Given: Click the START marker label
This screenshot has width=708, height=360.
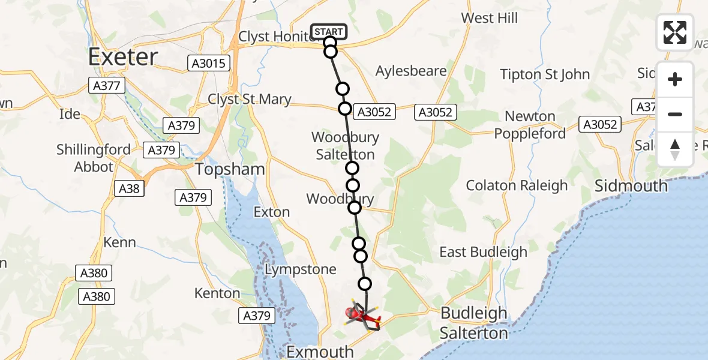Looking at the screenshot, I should (329, 31).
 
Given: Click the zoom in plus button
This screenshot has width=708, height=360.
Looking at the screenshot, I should (675, 80).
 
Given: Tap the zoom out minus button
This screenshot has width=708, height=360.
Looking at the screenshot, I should (675, 114).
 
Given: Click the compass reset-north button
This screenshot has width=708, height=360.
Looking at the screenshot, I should (675, 149).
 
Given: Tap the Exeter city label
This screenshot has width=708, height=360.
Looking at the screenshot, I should (123, 57).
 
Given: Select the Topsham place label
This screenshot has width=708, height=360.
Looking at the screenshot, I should (230, 169).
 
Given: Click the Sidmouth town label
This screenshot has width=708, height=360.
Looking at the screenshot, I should (631, 185).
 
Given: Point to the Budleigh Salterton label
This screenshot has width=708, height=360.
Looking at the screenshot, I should (474, 322).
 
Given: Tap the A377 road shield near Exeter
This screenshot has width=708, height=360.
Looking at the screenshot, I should (107, 85).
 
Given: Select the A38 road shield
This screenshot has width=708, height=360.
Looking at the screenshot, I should (129, 189).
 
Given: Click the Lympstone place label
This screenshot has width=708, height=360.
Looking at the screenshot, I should (301, 269).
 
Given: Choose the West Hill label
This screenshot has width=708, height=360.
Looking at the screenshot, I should (490, 18).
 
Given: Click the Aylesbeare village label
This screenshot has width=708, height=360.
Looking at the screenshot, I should (411, 71).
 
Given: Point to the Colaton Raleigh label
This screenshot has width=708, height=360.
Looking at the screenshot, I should (517, 185).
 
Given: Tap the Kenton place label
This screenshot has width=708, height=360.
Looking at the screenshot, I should (216, 293).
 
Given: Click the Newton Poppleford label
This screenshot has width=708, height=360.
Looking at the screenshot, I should (530, 125).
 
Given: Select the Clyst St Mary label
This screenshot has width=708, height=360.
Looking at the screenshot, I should (250, 100).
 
